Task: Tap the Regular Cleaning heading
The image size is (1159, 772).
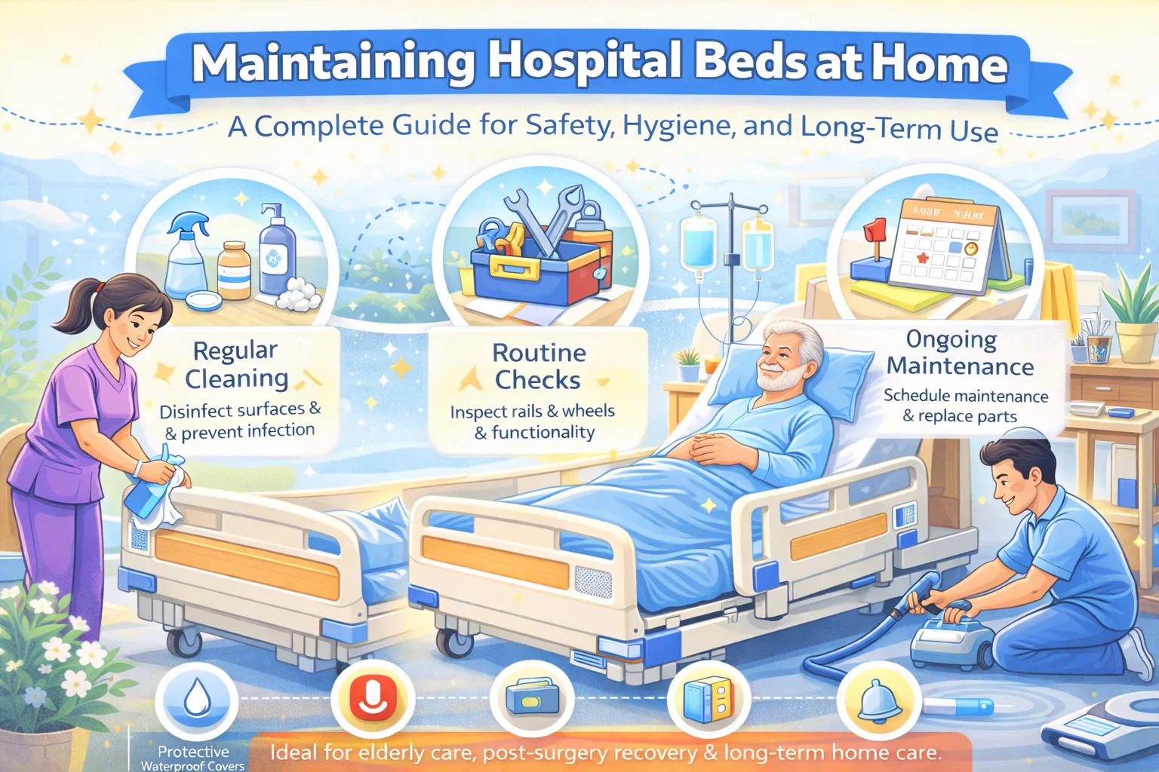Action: click(x=236, y=364)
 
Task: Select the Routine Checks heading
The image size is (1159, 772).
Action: click(x=539, y=366)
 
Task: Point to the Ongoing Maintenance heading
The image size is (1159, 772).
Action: click(x=960, y=353)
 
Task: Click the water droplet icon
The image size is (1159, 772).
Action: click(x=197, y=699)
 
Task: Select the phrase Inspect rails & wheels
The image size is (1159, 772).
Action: click(x=532, y=412)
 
